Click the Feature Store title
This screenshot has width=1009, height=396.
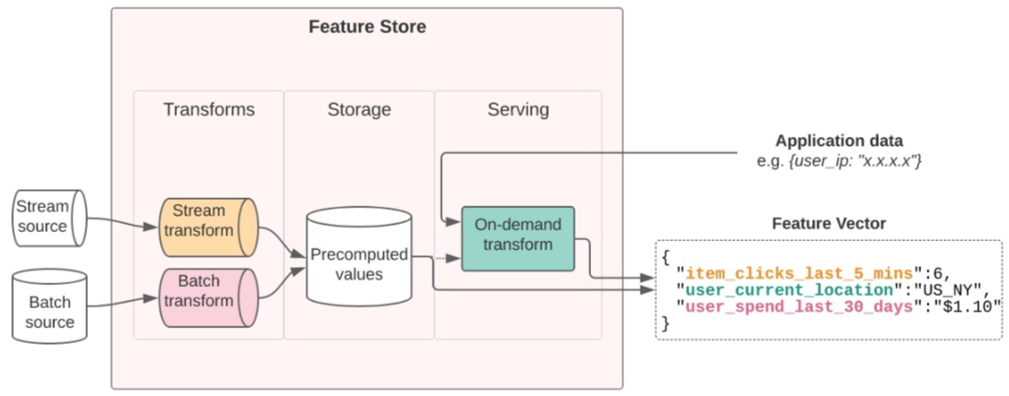pos(367,27)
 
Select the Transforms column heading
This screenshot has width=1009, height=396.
pos(209,110)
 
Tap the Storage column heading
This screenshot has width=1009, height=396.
pos(359,110)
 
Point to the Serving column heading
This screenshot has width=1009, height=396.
pos(518,110)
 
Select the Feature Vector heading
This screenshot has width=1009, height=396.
pos(828,223)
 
